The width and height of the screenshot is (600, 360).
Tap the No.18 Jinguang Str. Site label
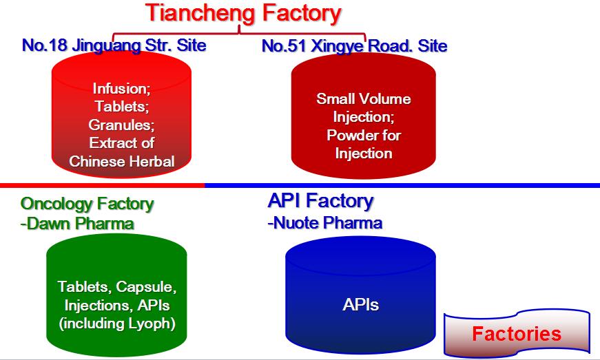pyautogui.click(x=114, y=46)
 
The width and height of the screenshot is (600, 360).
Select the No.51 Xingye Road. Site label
pyautogui.click(x=355, y=46)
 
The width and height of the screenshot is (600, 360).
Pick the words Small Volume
pyautogui.click(x=363, y=98)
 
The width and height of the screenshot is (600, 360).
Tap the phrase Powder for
pyautogui.click(x=363, y=135)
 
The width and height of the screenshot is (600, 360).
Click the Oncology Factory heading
pyautogui.click(x=87, y=204)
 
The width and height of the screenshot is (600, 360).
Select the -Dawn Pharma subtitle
pyautogui.click(x=77, y=224)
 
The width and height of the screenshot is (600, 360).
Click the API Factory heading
pyautogui.click(x=320, y=201)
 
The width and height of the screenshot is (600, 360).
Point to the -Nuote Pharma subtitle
pyautogui.click(x=324, y=222)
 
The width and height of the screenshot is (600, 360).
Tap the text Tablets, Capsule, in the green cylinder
pyautogui.click(x=117, y=286)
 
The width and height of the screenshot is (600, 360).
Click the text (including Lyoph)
pyautogui.click(x=117, y=322)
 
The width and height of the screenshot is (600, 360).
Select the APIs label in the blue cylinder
pyautogui.click(x=360, y=304)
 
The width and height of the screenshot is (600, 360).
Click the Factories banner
pyautogui.click(x=517, y=335)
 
